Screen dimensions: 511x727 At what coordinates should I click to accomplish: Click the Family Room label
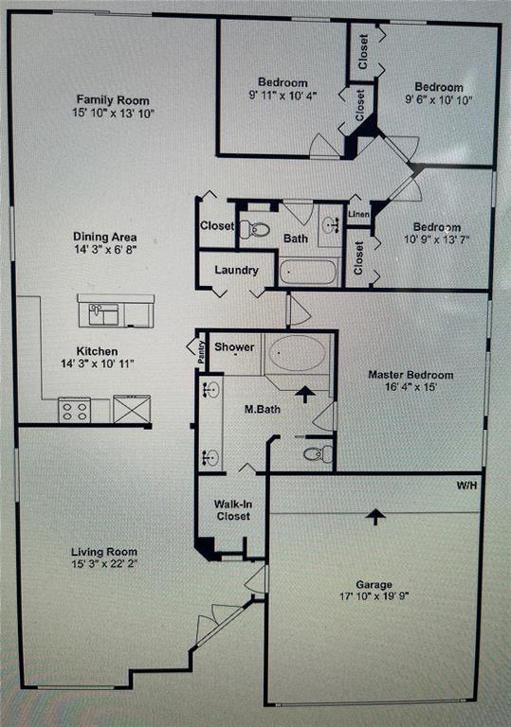[x=113, y=99]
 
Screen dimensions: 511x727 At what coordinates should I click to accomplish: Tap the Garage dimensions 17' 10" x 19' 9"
[x=374, y=596]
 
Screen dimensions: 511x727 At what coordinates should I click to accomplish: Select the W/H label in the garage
[x=466, y=486]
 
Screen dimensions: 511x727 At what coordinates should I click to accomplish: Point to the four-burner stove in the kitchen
[x=74, y=410]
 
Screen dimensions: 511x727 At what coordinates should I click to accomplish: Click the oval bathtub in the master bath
[x=298, y=353]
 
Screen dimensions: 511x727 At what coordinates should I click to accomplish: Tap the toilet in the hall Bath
[x=255, y=228]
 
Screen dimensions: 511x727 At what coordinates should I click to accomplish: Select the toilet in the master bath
[x=319, y=453]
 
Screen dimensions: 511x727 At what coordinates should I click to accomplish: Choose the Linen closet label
[x=358, y=214]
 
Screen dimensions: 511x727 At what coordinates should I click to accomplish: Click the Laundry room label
[x=236, y=270]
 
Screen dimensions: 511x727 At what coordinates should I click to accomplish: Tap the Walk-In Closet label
[x=232, y=510]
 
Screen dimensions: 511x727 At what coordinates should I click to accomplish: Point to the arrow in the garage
[x=375, y=516]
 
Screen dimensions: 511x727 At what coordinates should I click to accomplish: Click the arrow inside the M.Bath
[x=305, y=394]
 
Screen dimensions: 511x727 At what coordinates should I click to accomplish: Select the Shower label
[x=234, y=346]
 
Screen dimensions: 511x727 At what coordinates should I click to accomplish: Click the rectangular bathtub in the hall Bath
[x=308, y=272]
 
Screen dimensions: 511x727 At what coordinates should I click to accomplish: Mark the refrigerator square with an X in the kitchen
[x=132, y=409]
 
